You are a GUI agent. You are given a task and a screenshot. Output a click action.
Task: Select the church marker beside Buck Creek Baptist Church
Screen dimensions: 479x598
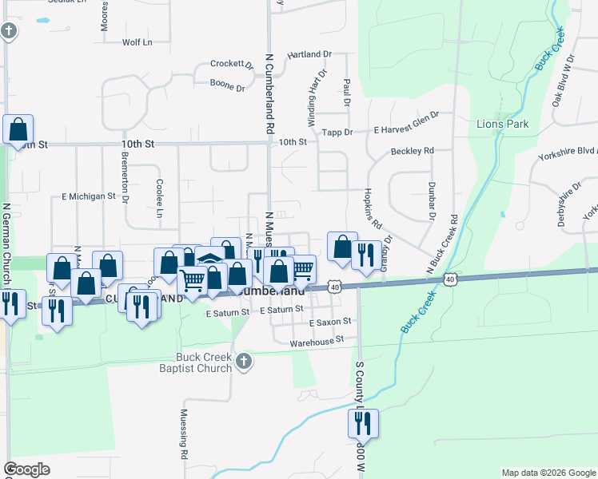click(245, 362)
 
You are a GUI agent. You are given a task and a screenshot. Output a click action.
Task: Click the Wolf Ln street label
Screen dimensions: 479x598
click(137, 42)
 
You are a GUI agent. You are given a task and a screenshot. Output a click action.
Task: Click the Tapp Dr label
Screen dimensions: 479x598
click(337, 132)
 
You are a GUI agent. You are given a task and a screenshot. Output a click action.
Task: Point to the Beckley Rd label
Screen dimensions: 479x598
click(412, 151)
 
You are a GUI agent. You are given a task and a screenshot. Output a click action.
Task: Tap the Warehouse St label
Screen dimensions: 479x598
click(317, 339)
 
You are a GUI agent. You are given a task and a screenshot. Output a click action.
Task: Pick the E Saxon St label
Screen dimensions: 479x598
click(330, 321)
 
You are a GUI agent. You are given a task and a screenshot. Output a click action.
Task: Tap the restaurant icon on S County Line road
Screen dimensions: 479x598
click(363, 422)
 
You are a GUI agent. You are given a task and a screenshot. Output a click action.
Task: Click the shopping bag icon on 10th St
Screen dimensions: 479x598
click(18, 129)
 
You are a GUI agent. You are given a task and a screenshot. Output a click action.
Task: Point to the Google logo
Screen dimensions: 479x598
click(27, 469)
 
